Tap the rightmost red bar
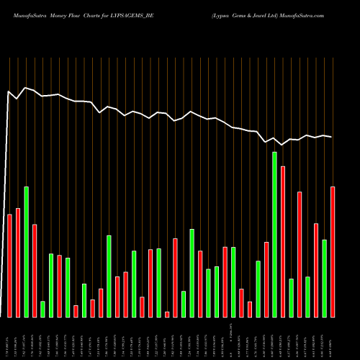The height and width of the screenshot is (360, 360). [333, 251]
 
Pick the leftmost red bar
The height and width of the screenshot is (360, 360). [9, 266]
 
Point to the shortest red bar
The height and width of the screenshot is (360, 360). [167, 314]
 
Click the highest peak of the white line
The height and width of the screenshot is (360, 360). [26, 88]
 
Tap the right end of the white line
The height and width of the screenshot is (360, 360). [332, 137]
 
